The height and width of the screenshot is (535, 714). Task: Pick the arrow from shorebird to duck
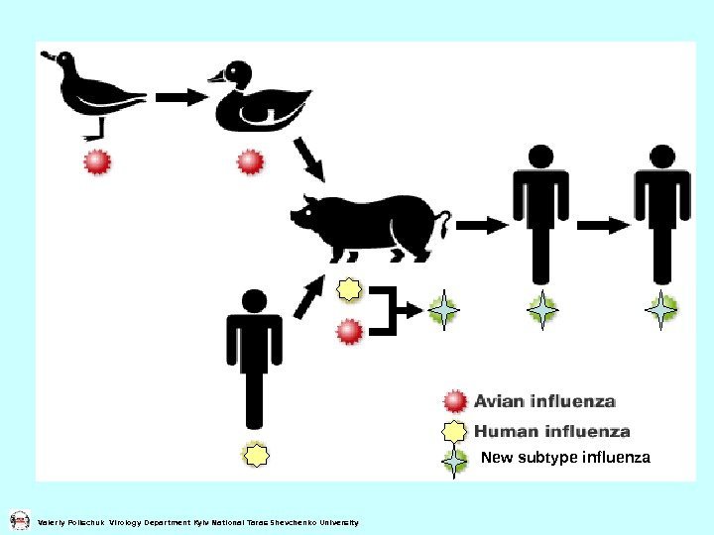pos(178,97)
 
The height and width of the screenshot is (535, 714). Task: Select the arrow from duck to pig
pos(310,160)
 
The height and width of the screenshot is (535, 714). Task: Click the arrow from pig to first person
pos(481,226)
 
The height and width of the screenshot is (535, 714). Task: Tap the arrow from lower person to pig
pos(309,294)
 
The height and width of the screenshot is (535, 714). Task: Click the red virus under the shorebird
pos(97,161)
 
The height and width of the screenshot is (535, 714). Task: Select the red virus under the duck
pos(249,161)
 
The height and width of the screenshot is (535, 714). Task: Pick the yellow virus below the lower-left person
pos(257,456)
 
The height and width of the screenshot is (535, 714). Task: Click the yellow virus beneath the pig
pos(349,289)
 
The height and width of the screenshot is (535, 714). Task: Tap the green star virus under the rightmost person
pos(660,310)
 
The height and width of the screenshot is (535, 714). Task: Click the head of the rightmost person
pos(662,157)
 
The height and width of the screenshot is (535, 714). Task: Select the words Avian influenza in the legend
pos(544,401)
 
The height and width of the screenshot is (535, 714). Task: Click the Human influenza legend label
pos(551,431)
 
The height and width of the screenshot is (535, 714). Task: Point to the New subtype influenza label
pos(565,458)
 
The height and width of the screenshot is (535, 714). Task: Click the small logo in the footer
pos(19,520)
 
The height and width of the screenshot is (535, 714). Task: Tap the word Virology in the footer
pos(126,522)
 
